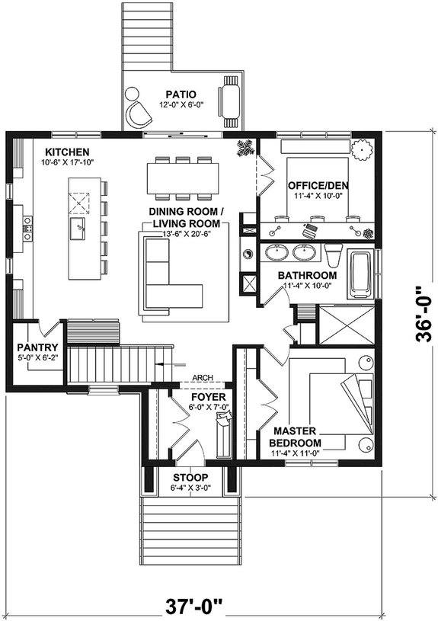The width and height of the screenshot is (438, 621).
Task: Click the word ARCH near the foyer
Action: pos(203,377)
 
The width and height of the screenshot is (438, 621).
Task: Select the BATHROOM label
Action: pos(307,275)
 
